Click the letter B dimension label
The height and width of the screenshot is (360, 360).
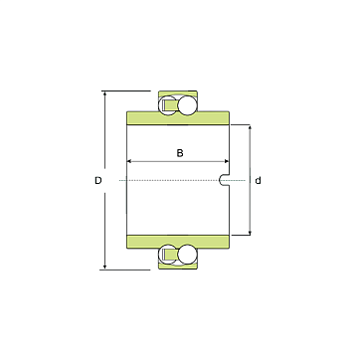pos(180,153)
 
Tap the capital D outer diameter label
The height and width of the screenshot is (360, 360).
pos(98,181)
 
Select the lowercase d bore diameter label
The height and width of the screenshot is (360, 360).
pos(258,181)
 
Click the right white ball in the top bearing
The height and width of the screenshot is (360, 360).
pos(187,105)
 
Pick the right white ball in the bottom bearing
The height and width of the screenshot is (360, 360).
pos(187,255)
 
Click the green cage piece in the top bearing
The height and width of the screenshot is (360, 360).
pos(171,105)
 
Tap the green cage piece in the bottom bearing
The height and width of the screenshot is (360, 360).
pos(171,255)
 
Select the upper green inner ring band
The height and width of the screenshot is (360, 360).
pos(178,118)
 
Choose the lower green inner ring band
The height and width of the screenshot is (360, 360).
pos(178,242)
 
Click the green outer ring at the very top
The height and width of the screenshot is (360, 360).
pos(178,93)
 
